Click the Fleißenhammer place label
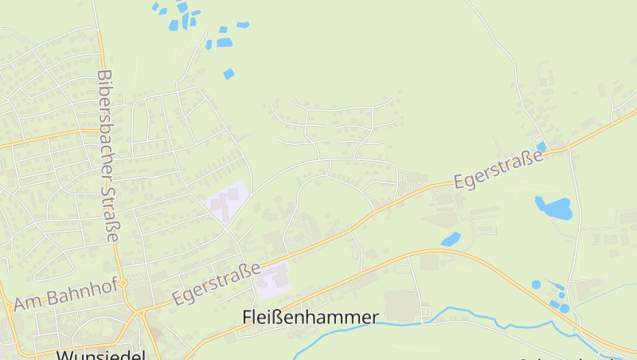(310, 317)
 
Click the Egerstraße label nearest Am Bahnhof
(217, 284)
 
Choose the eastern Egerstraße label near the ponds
(498, 169)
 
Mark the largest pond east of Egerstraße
(553, 208)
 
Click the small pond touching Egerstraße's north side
(541, 147)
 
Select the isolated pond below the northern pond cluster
(229, 74)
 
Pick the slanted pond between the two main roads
(451, 238)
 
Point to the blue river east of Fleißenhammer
(478, 315)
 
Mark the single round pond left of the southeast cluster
(536, 284)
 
